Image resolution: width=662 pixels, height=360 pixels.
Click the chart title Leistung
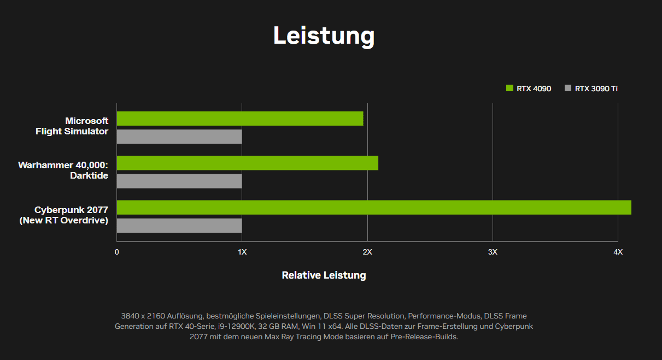pyautogui.click(x=324, y=36)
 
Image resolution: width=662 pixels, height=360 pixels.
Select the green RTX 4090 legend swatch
pyautogui.click(x=509, y=88)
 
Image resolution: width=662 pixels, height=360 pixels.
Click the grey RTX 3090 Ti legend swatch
pyautogui.click(x=567, y=88)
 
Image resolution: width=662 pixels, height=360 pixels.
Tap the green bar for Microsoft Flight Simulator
pyautogui.click(x=240, y=119)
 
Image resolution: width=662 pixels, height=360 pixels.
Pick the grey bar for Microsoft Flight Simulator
pyautogui.click(x=179, y=137)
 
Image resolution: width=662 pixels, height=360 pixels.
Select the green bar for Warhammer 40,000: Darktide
pyautogui.click(x=247, y=163)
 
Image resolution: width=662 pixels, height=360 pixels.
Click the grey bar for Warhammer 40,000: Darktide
pyautogui.click(x=179, y=181)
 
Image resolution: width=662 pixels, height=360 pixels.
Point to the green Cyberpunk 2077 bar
pyautogui.click(x=374, y=208)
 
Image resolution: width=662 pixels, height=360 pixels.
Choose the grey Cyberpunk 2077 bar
pyautogui.click(x=179, y=226)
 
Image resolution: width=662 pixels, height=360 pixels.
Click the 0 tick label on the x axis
pyautogui.click(x=116, y=252)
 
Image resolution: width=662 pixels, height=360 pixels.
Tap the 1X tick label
pyautogui.click(x=242, y=252)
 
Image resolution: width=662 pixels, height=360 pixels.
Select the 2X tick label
pyautogui.click(x=367, y=252)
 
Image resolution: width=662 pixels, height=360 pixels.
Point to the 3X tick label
pyautogui.click(x=493, y=252)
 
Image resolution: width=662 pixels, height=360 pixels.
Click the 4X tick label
pyautogui.click(x=618, y=252)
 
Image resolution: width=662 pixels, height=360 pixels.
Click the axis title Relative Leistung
pyautogui.click(x=324, y=275)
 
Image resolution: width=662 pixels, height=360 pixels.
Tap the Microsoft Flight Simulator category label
pyautogui.click(x=72, y=126)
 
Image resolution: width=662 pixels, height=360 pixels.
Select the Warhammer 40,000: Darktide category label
pyautogui.click(x=63, y=170)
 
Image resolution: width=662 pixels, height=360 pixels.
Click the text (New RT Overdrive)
pyautogui.click(x=64, y=221)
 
